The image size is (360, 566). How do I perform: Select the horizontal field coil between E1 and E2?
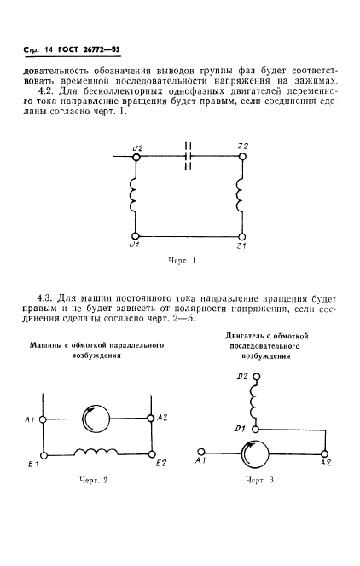pos(96,452)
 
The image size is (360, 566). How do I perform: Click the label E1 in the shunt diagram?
pos(31,464)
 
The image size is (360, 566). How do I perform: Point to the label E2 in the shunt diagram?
pos(160,463)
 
